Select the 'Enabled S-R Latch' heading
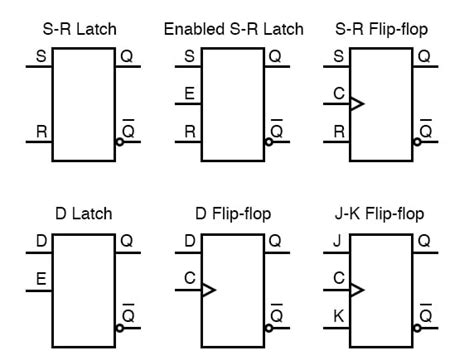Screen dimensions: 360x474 (234, 28)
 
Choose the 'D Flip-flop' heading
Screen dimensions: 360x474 (234, 214)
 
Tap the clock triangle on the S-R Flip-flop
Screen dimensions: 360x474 (357, 103)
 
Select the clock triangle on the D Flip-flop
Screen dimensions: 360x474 (208, 290)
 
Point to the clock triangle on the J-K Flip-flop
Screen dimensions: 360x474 (357, 290)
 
